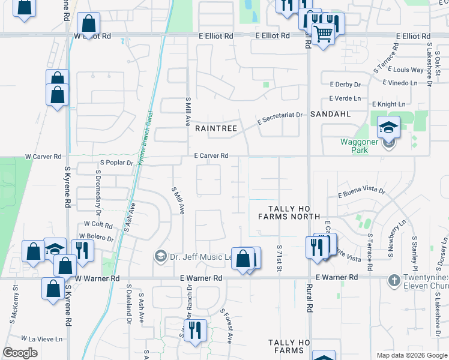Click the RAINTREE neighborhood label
[216, 128]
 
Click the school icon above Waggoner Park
[388, 127]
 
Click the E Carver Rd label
[211, 156]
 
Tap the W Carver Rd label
[43, 157]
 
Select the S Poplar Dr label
[116, 163]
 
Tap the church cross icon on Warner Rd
[393, 280]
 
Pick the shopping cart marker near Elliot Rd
[323, 34]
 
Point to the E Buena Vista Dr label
[361, 192]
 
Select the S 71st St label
[280, 256]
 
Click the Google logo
[20, 353]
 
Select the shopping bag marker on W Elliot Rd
[88, 23]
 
